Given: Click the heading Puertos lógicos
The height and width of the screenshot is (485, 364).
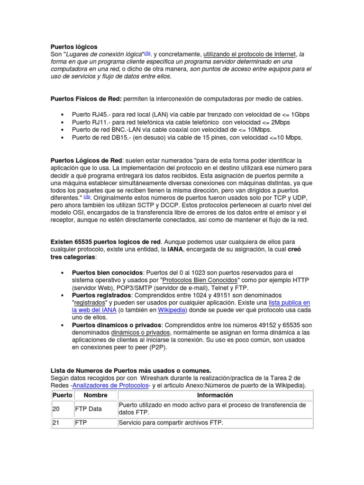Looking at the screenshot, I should click(73, 47).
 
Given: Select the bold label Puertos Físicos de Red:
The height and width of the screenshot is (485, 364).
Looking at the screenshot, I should click(86, 99).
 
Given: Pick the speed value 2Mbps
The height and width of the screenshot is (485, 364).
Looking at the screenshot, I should click(278, 122).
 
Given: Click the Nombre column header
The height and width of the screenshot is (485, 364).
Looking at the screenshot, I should click(95, 395).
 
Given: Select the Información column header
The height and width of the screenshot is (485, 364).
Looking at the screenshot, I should click(215, 395).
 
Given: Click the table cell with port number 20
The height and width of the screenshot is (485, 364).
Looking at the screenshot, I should click(56, 409).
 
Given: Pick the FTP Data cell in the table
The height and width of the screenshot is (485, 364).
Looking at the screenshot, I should click(89, 409).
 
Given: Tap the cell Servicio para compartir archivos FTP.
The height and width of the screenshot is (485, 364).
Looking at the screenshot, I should click(171, 423).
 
